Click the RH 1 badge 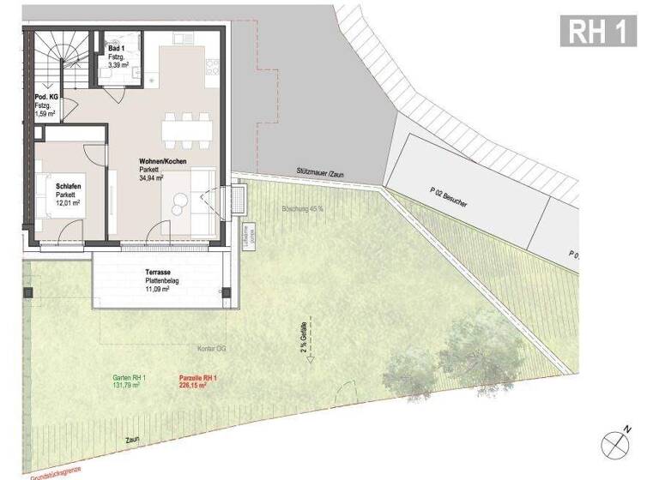600,31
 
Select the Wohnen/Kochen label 163,162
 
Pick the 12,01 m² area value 67,204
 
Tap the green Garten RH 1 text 130,378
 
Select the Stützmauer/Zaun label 321,175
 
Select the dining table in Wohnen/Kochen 187,129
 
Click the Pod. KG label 46,98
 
